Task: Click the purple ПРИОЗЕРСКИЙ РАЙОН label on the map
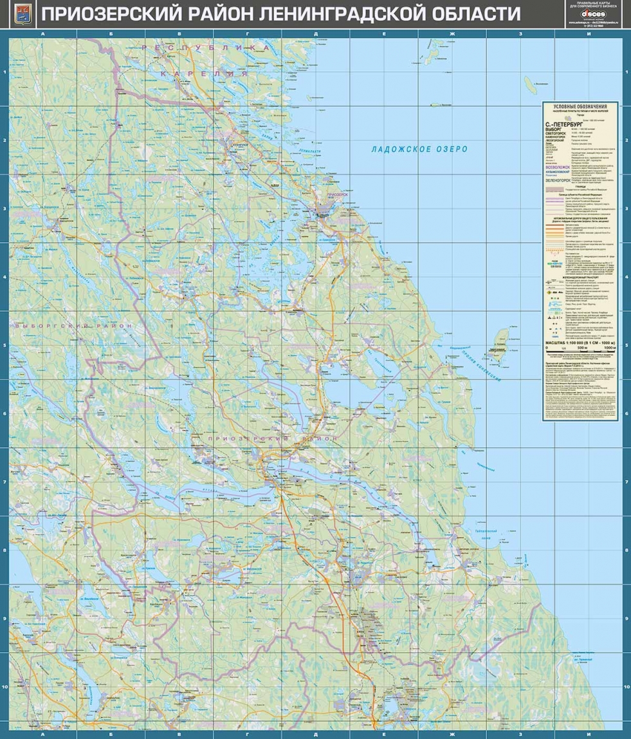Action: [x=273, y=438]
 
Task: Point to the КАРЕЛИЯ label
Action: [x=204, y=75]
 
